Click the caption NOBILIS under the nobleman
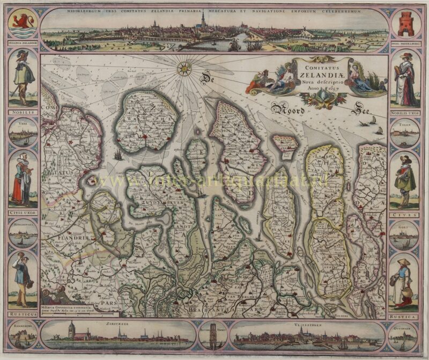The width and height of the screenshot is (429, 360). [22, 112]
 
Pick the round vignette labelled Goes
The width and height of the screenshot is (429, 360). [405, 234]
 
